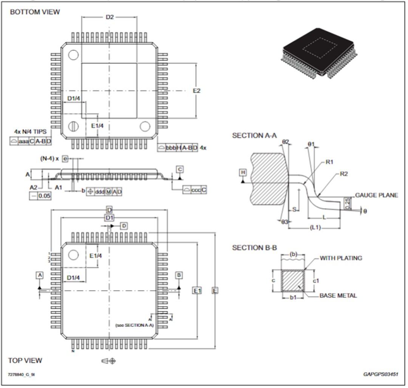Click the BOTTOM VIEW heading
35,12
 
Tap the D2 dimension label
110,17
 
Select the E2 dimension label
196,91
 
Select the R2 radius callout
343,174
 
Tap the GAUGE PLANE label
376,195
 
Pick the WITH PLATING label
341,258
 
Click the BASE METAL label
338,296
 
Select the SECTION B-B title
255,248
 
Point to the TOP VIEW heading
25,360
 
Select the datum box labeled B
179,275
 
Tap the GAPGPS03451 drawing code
381,374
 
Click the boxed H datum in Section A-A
243,173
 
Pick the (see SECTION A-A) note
134,325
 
